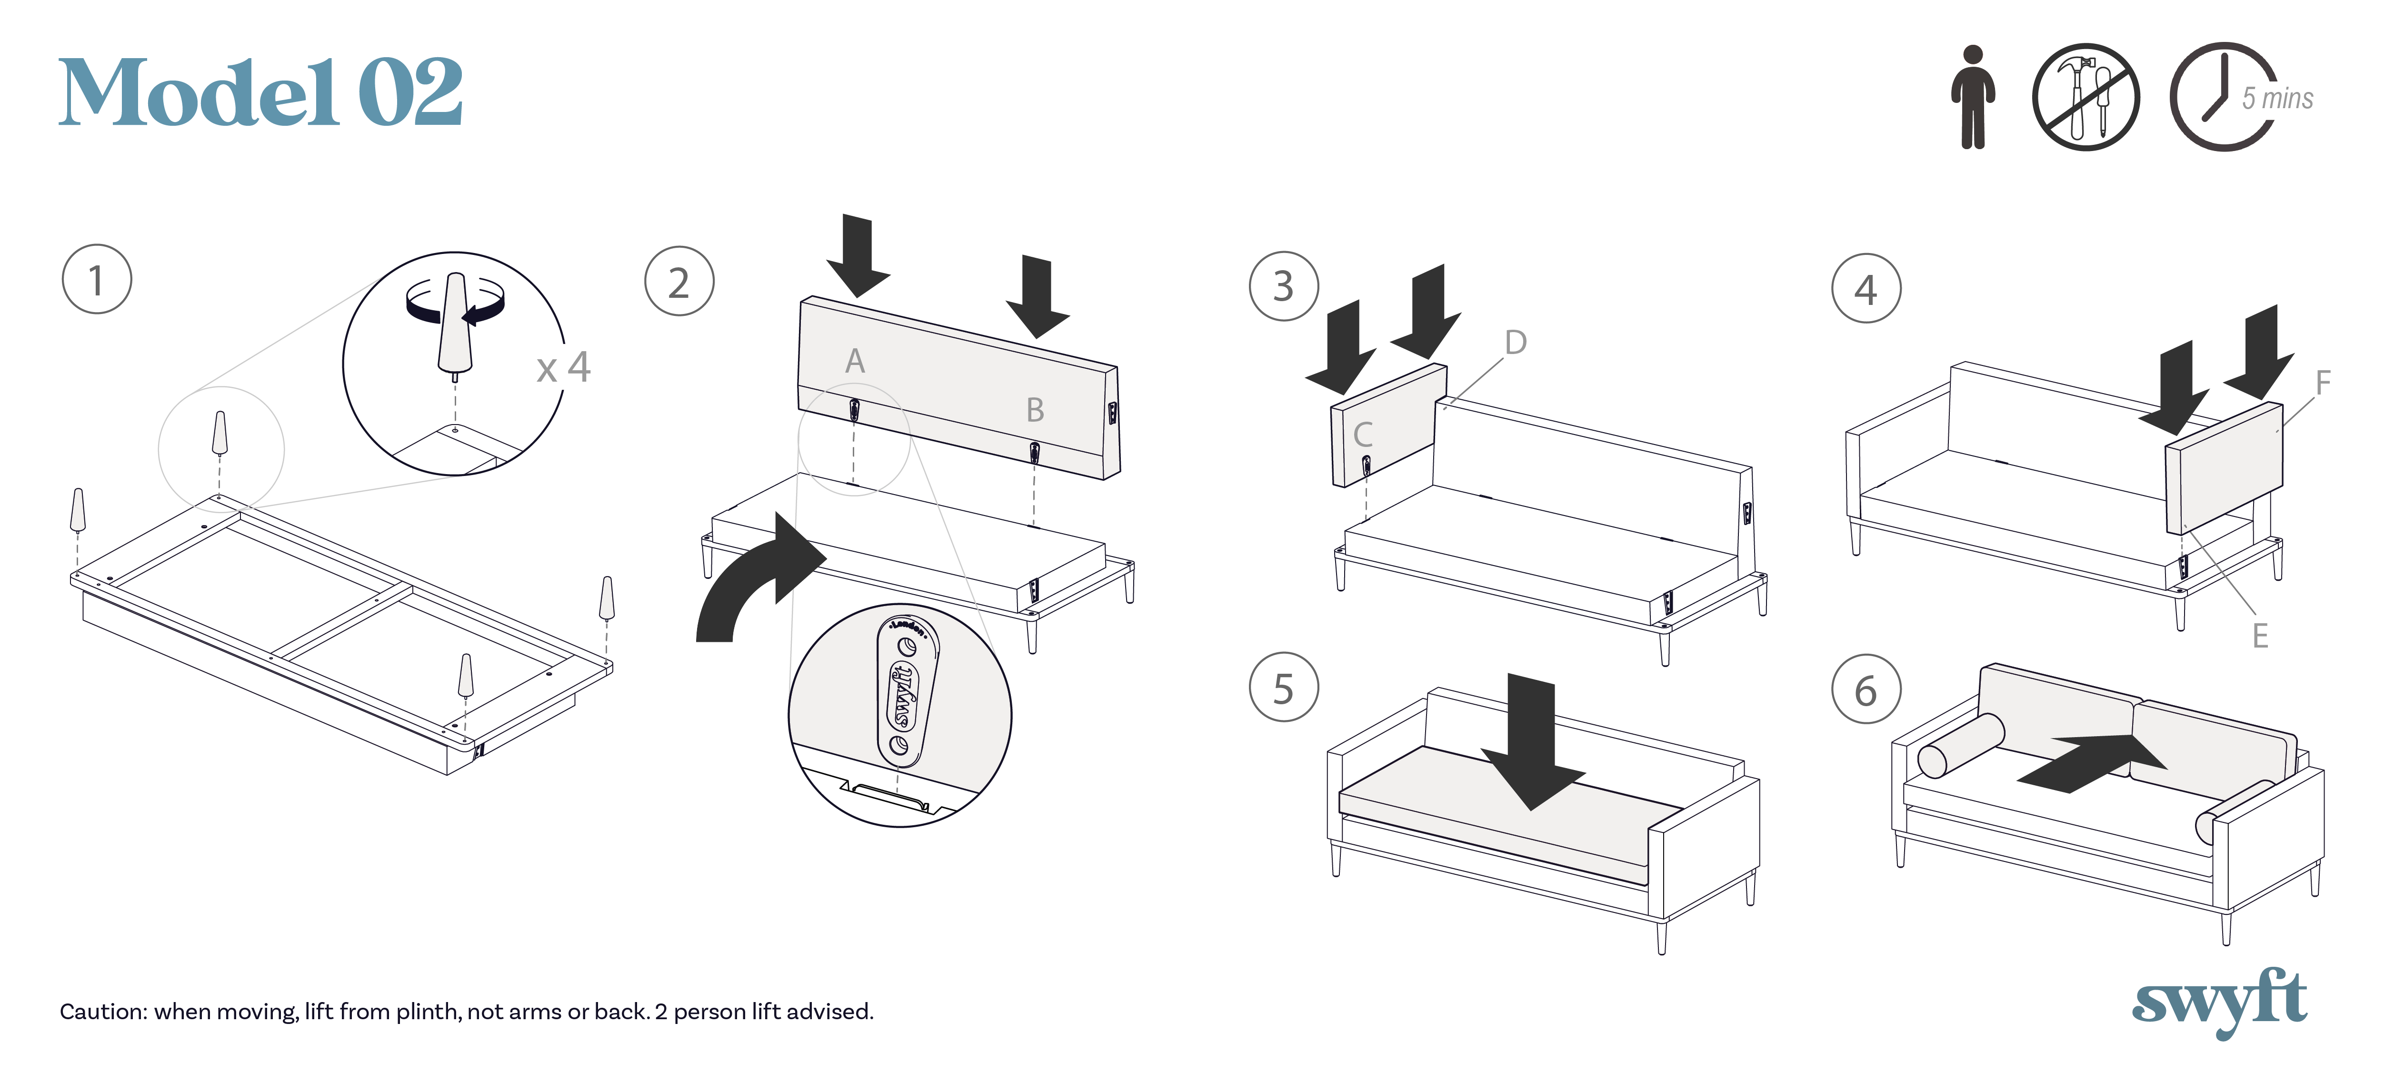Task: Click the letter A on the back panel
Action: pos(854,361)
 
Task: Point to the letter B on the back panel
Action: pos(1035,409)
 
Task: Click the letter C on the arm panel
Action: pos(1363,434)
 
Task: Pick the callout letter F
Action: pos(2323,382)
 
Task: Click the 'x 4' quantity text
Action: pos(563,367)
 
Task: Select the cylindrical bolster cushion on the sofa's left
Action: pos(1961,745)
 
